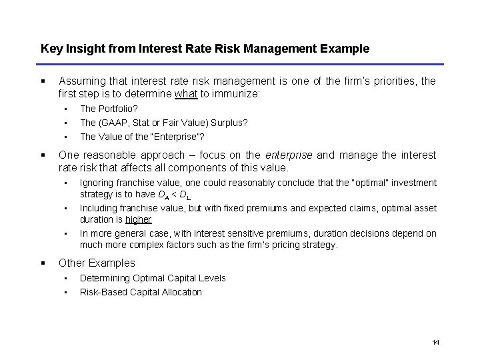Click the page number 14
(435, 342)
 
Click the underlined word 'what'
(186, 95)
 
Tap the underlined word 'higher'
(139, 219)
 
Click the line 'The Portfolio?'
(109, 109)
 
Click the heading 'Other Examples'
(97, 263)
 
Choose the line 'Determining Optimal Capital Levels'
(153, 278)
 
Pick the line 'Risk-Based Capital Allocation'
(141, 291)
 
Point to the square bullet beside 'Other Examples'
(43, 262)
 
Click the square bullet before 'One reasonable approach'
(43, 155)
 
